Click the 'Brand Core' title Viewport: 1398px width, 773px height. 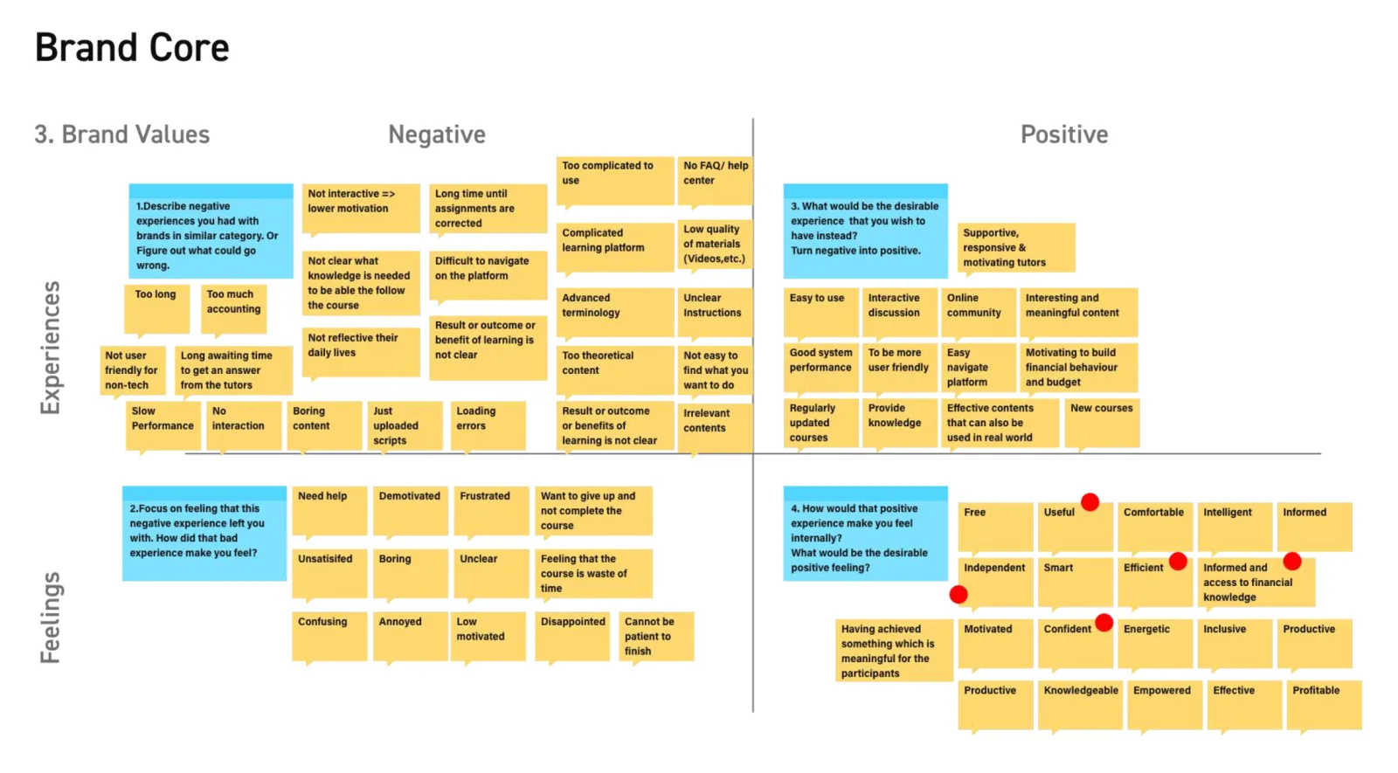[132, 48]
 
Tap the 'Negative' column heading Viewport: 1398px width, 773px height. [437, 135]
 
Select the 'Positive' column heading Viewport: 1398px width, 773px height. [1064, 135]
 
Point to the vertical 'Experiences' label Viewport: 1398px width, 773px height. [50, 348]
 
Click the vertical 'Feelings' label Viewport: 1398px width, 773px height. [50, 618]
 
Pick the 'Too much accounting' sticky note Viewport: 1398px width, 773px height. [233, 309]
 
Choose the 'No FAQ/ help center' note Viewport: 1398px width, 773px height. [716, 181]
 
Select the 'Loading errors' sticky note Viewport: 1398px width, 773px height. [488, 425]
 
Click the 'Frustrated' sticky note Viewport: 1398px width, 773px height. [491, 511]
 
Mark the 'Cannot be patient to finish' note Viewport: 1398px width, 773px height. [656, 637]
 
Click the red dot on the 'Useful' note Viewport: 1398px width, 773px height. [1090, 502]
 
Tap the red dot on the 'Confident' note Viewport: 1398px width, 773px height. [1104, 623]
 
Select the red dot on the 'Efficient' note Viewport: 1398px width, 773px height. [1178, 562]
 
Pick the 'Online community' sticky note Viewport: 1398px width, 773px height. [978, 312]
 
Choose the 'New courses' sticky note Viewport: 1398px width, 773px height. [1102, 423]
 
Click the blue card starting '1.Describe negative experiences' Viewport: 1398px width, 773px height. [211, 231]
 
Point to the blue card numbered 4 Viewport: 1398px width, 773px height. [865, 534]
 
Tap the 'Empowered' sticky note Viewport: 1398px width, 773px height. [1165, 705]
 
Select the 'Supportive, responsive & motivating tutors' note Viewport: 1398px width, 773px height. [1016, 248]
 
